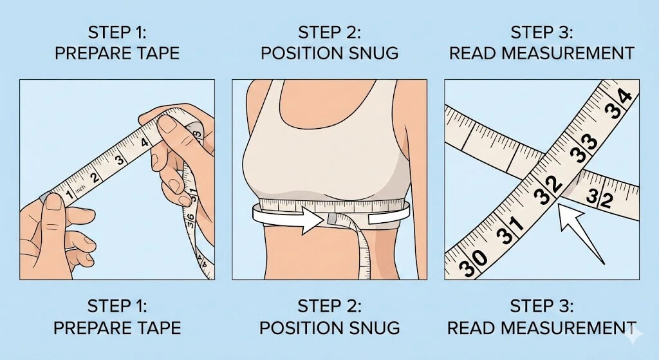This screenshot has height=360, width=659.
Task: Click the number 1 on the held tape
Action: [69, 192]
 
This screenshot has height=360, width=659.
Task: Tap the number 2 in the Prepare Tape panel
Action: [95, 177]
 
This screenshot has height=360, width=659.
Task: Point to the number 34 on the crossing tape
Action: [616, 106]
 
